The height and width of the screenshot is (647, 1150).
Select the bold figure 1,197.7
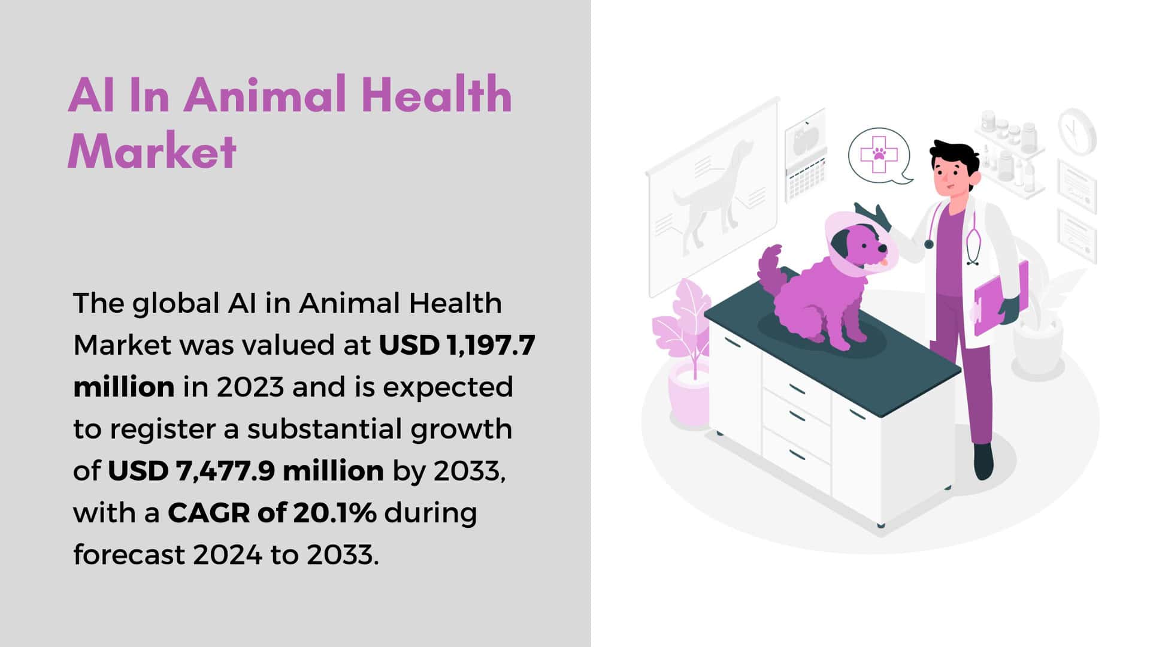487,346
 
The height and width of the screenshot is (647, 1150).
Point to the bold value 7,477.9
225,471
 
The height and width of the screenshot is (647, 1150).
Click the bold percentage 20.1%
334,513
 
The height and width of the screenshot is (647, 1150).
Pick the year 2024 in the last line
227,555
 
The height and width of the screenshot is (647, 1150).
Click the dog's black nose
883,247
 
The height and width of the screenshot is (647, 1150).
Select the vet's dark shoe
983,461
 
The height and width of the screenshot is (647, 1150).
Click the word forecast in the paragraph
128,555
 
